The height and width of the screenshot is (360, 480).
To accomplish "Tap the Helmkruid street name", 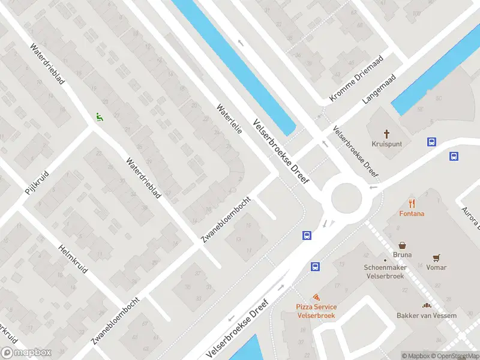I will point(73,259).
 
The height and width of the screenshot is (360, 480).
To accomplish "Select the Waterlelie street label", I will point(229,119).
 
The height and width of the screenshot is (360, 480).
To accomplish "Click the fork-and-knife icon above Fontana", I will point(412,203).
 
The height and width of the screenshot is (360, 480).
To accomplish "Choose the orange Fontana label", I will point(412,214).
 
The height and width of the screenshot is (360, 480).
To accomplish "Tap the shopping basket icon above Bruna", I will point(403,245).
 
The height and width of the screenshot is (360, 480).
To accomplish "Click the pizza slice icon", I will point(316,297).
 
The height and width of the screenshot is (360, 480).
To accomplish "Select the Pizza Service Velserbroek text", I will point(316,311).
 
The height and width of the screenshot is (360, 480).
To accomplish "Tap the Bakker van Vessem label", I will point(426,316).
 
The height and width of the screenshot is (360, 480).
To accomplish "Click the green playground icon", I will point(99,118).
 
